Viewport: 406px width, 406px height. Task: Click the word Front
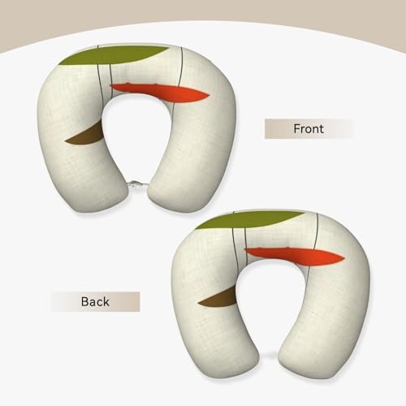point(309,129)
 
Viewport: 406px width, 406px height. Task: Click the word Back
point(95,302)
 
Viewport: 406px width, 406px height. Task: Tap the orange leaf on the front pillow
point(160,93)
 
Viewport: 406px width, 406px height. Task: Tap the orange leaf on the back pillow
point(295,256)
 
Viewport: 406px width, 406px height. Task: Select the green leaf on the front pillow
point(114,55)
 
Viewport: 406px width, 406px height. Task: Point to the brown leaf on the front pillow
point(88,136)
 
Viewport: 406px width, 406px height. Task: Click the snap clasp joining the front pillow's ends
point(137,184)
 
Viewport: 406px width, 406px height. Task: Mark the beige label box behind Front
point(308,128)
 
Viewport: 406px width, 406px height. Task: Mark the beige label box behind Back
point(96,302)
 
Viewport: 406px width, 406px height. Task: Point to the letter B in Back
point(84,302)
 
